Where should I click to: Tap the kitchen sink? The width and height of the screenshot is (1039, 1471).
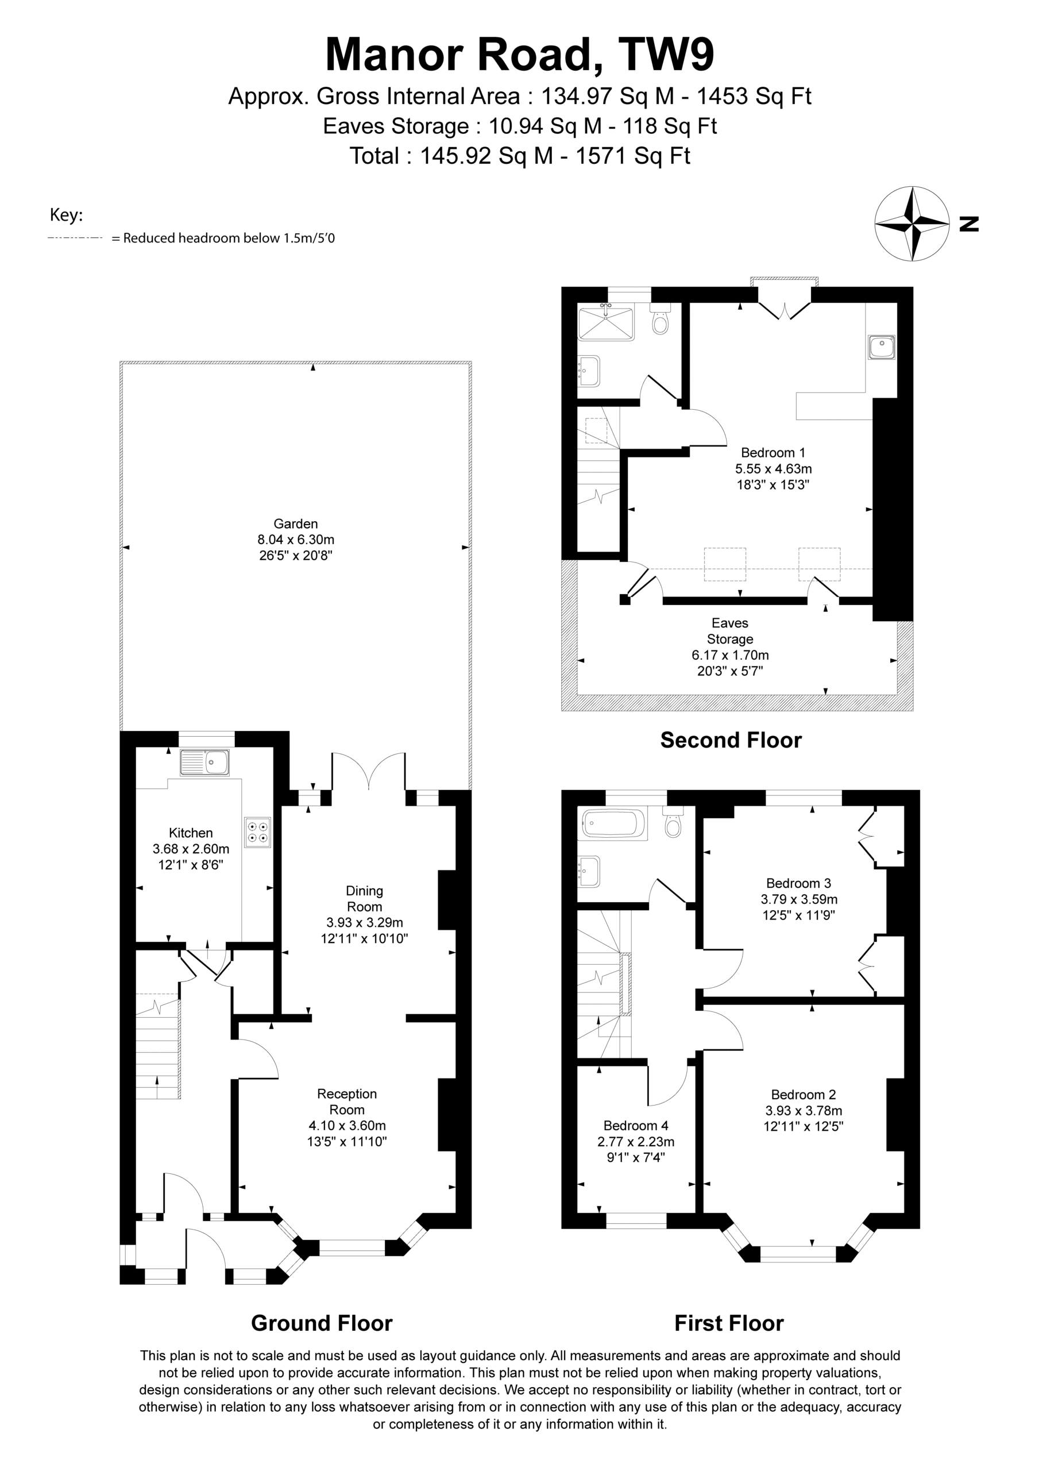click(x=204, y=763)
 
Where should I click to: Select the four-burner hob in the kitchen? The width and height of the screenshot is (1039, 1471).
click(x=257, y=832)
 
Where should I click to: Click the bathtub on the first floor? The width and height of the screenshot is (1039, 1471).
click(x=613, y=825)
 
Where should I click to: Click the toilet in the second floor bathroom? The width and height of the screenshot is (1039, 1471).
click(x=660, y=318)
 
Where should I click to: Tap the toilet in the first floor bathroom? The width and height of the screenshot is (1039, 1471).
click(x=673, y=821)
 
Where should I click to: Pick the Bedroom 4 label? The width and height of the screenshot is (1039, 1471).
click(x=635, y=1126)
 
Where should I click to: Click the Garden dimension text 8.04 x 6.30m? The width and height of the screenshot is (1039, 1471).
click(x=296, y=540)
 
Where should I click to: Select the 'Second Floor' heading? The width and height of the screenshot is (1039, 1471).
click(x=731, y=740)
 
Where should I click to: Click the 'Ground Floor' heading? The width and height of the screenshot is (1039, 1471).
click(x=322, y=1322)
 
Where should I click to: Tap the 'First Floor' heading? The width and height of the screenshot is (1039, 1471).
click(x=729, y=1322)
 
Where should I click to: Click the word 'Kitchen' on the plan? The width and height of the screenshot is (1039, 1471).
click(x=191, y=833)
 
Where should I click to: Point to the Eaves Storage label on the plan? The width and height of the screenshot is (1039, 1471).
click(x=730, y=631)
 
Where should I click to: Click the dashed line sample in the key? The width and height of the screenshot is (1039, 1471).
click(x=75, y=238)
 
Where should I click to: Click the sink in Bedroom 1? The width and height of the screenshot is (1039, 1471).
click(x=882, y=346)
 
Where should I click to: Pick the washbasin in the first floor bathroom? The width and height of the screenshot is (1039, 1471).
click(x=589, y=872)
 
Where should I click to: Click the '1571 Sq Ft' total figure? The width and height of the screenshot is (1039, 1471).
click(x=633, y=156)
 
